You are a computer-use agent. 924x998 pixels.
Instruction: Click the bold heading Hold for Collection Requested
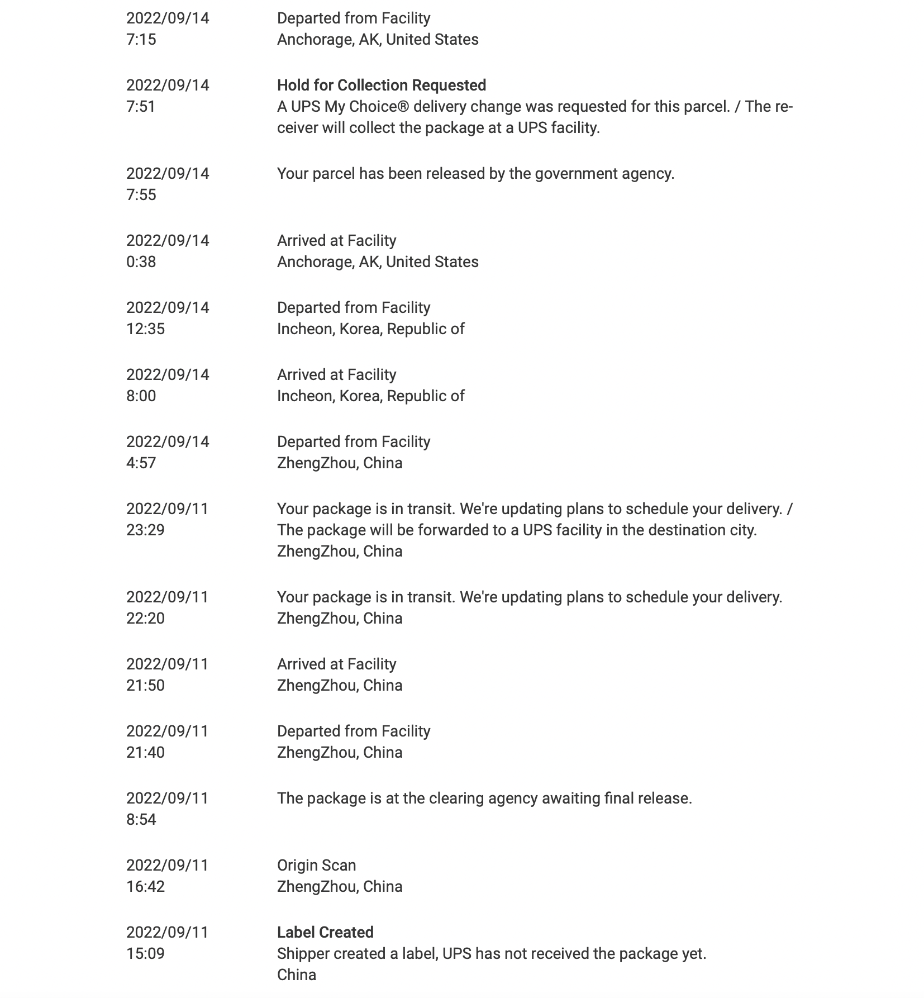(x=381, y=85)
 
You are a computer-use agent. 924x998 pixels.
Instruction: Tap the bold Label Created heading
(x=325, y=932)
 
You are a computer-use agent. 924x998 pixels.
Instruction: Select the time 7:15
(x=141, y=40)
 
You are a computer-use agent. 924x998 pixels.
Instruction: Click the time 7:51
(x=141, y=107)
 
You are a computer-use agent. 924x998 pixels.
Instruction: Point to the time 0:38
(x=141, y=262)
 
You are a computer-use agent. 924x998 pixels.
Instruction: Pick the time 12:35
(x=145, y=329)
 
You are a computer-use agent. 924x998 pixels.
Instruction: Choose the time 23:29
(x=145, y=530)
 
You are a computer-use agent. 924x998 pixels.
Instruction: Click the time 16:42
(x=145, y=887)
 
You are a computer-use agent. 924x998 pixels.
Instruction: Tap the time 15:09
(x=145, y=954)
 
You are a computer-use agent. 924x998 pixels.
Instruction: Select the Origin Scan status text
(x=316, y=866)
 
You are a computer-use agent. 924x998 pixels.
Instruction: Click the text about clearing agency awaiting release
(x=484, y=799)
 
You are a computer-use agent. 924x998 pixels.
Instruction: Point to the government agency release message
(x=475, y=174)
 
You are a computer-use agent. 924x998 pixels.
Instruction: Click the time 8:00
(x=141, y=396)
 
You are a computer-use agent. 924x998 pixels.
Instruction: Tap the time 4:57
(x=141, y=463)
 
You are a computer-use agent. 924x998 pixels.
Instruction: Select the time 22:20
(x=145, y=619)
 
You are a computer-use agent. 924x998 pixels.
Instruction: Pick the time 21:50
(x=145, y=686)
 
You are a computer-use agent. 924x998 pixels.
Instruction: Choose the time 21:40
(x=145, y=753)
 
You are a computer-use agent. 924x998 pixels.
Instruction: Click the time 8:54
(x=141, y=820)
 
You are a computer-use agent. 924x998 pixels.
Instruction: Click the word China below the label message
(x=297, y=975)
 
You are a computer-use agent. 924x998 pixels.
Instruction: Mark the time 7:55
(x=141, y=195)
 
